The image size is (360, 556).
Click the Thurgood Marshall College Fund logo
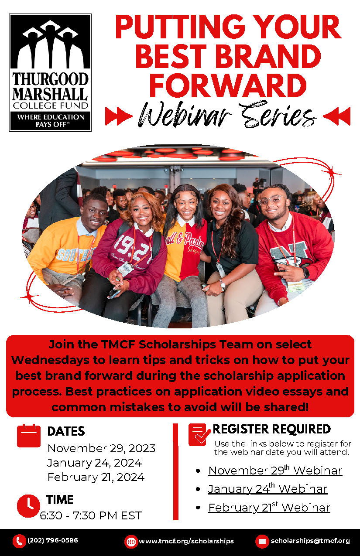pos(51,72)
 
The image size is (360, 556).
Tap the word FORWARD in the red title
pos(228,85)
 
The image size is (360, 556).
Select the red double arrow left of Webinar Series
pos(119,116)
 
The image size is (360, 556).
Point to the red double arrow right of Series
pos(336,116)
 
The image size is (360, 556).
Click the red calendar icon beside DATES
pos(29,436)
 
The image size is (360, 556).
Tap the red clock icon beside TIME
pos(28,506)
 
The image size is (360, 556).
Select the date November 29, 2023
pos(101,448)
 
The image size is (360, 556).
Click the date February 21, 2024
pos(96,477)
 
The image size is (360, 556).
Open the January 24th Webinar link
pos(267,489)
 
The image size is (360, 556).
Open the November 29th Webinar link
pos(275,470)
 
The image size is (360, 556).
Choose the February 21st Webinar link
pos(269,507)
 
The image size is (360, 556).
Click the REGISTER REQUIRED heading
pos(271,429)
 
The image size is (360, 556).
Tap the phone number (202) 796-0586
pos(53,540)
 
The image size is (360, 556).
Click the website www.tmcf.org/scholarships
pos(186,541)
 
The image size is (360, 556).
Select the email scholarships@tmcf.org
pos(310,541)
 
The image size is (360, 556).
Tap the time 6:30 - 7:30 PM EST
pos(91,515)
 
